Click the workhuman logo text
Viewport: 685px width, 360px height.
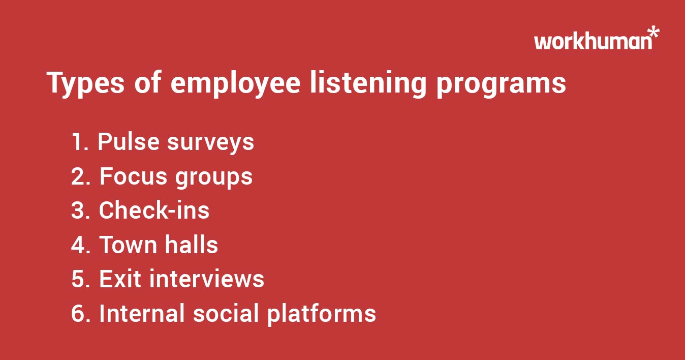tap(593, 41)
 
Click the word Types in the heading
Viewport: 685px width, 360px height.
tap(85, 84)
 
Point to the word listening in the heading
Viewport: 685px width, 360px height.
tap(368, 84)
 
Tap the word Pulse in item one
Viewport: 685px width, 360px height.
tap(129, 142)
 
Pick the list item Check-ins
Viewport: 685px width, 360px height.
tap(154, 211)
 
